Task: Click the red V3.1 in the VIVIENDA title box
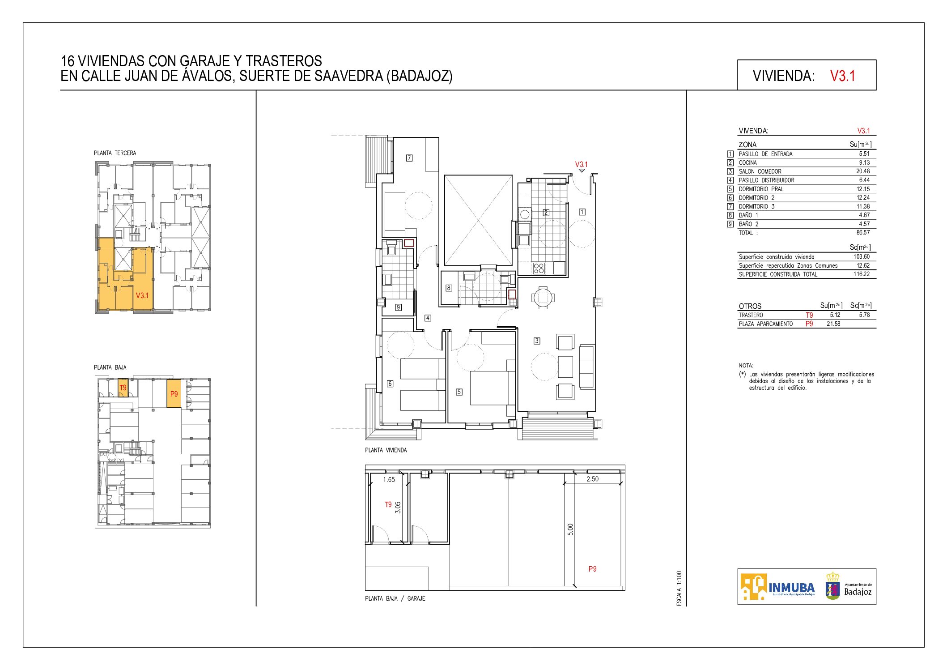[x=842, y=76]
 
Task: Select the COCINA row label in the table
[x=747, y=163]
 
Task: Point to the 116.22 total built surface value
[x=862, y=274]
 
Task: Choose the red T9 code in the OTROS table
[x=809, y=315]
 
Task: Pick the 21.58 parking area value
[x=833, y=324]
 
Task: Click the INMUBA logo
[x=778, y=587]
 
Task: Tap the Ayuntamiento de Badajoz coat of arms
[x=832, y=586]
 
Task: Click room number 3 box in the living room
[x=537, y=341]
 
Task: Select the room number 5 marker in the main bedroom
[x=459, y=392]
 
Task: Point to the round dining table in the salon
[x=543, y=297]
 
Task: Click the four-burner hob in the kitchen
[x=539, y=268]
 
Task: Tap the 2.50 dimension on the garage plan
[x=592, y=479]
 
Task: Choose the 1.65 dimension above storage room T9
[x=389, y=480]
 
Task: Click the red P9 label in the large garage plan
[x=592, y=569]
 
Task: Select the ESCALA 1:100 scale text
[x=679, y=589]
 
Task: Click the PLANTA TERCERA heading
[x=115, y=153]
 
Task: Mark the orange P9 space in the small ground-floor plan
[x=174, y=393]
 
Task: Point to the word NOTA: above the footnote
[x=746, y=366]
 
